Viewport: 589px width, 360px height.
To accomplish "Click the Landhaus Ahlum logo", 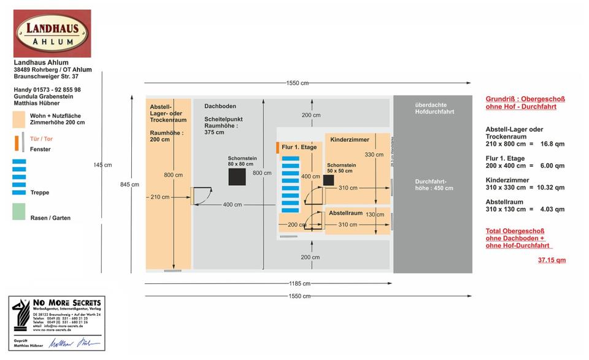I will (52, 33).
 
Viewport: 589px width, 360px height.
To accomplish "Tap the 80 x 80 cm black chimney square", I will (237, 177).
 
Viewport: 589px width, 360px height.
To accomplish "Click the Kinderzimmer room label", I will (350, 140).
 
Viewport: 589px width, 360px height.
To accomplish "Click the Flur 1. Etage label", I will (299, 147).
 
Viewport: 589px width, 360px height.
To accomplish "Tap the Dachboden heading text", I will (220, 106).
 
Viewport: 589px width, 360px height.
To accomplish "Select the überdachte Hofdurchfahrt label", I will (434, 109).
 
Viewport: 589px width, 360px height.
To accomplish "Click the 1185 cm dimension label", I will (299, 283).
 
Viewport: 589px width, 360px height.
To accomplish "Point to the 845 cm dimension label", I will (129, 184).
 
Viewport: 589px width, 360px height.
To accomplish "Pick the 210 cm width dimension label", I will (160, 197).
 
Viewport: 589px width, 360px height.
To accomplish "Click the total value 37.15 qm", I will (552, 260).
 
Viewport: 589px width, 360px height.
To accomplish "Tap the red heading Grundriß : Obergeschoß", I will (525, 99).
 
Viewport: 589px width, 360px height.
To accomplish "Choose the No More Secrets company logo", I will (56, 315).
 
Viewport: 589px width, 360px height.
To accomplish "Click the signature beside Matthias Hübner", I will (74, 343).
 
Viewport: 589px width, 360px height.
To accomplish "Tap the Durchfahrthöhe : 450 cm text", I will (434, 185).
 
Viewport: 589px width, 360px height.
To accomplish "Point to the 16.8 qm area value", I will (552, 144).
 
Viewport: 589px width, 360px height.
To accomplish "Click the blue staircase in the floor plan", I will (290, 184).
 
